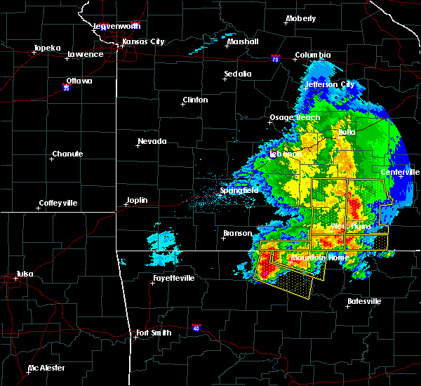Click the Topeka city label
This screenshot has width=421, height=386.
coord(48,49)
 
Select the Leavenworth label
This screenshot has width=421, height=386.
coord(117,26)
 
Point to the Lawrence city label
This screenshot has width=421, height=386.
coord(85,54)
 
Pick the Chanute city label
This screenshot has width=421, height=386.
coord(67,154)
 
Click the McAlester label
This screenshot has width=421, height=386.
coord(48,368)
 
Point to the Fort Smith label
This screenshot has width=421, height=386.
coord(153,333)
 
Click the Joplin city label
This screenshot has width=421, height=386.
coord(137,200)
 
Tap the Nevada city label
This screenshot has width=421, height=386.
coord(152,141)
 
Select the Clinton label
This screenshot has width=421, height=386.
coord(195,100)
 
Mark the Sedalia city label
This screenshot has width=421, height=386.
coord(238,74)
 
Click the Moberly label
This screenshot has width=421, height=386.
coord(301,18)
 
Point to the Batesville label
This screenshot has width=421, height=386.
coord(364,301)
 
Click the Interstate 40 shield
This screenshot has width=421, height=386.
coord(198,327)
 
